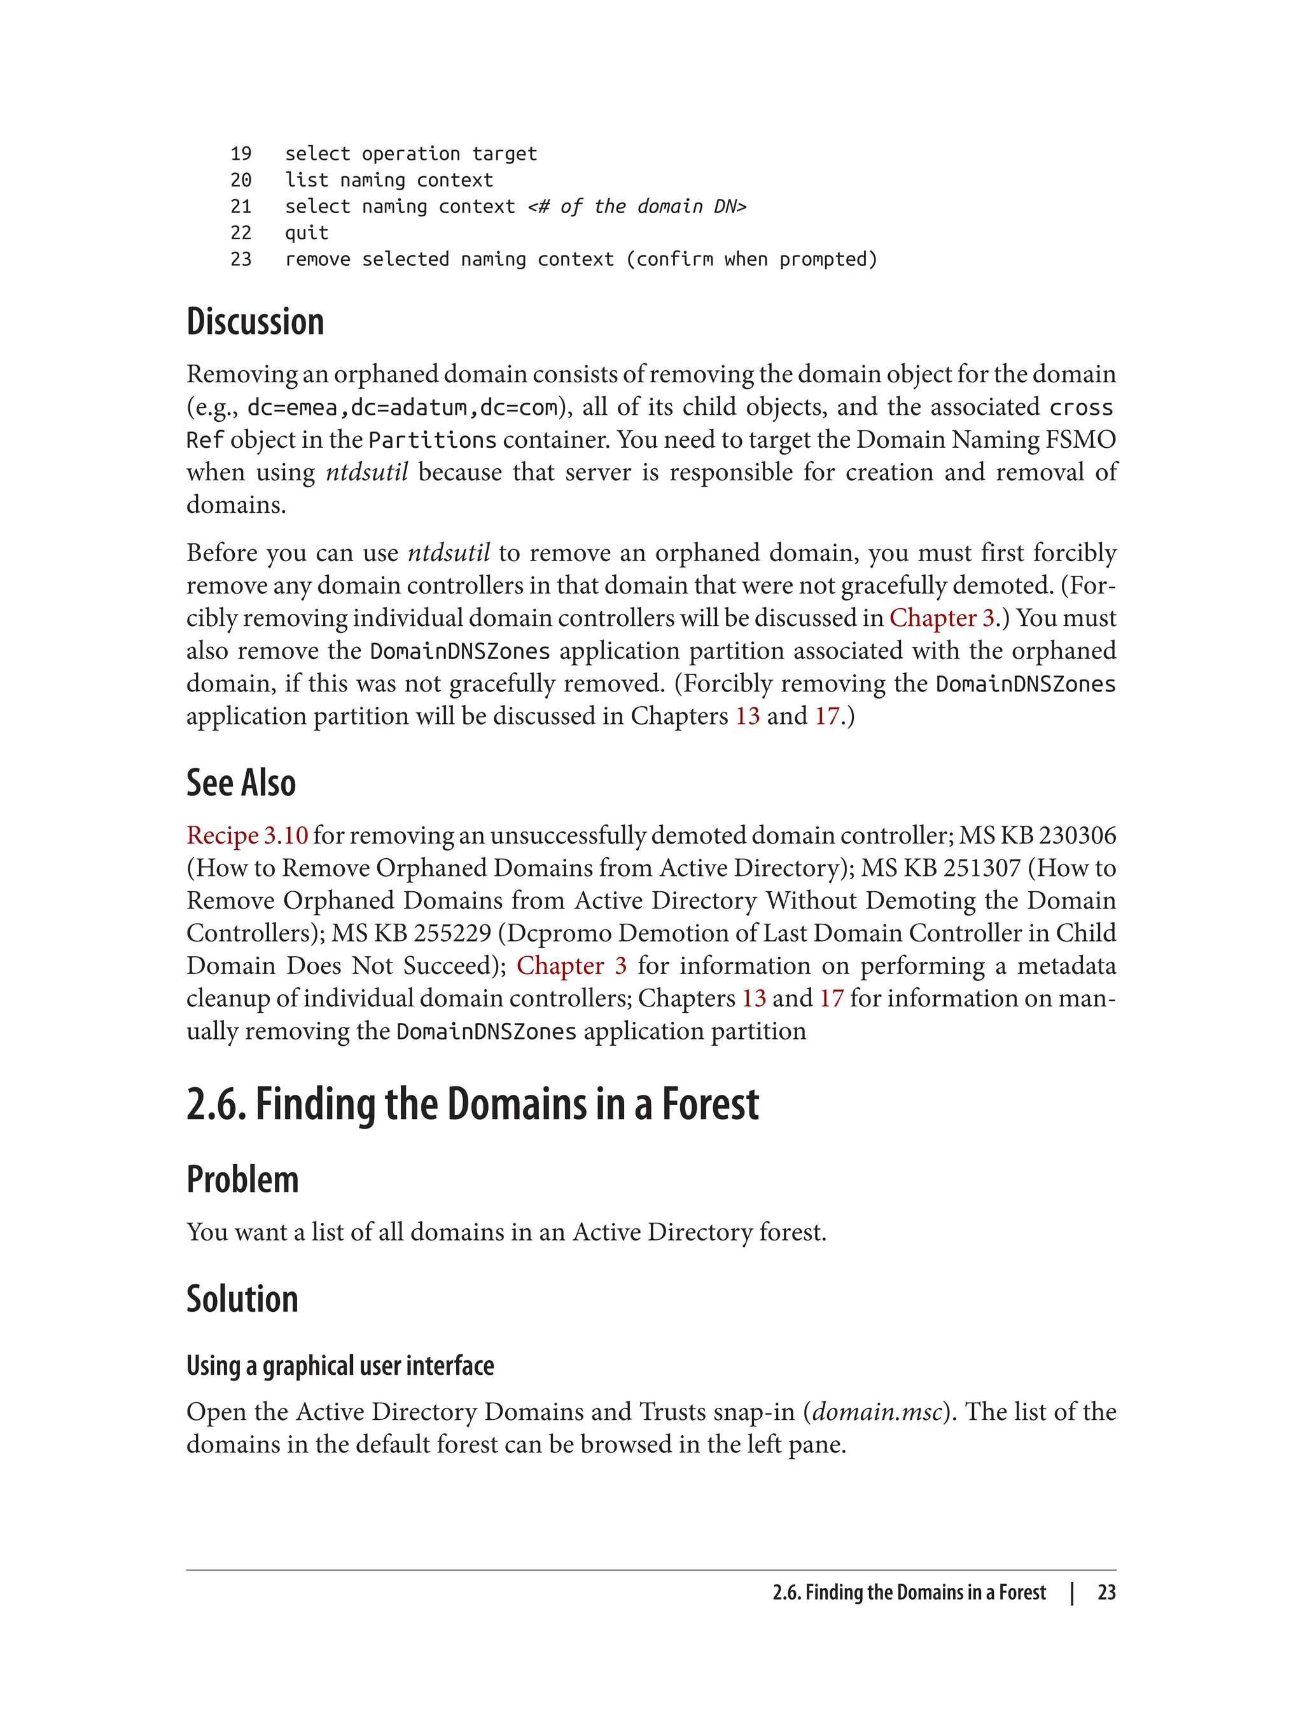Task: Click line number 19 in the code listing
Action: pyautogui.click(x=240, y=153)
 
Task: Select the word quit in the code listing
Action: pyautogui.click(x=307, y=233)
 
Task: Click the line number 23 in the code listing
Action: pyautogui.click(x=240, y=259)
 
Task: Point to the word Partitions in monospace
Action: pyautogui.click(x=432, y=440)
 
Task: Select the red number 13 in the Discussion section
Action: pyautogui.click(x=747, y=715)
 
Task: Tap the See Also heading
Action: pyautogui.click(x=241, y=782)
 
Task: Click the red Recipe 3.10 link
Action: pyautogui.click(x=247, y=835)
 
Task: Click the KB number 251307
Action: pyautogui.click(x=981, y=868)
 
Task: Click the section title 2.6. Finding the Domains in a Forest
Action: pyautogui.click(x=472, y=1104)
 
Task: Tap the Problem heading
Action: pyautogui.click(x=243, y=1179)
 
